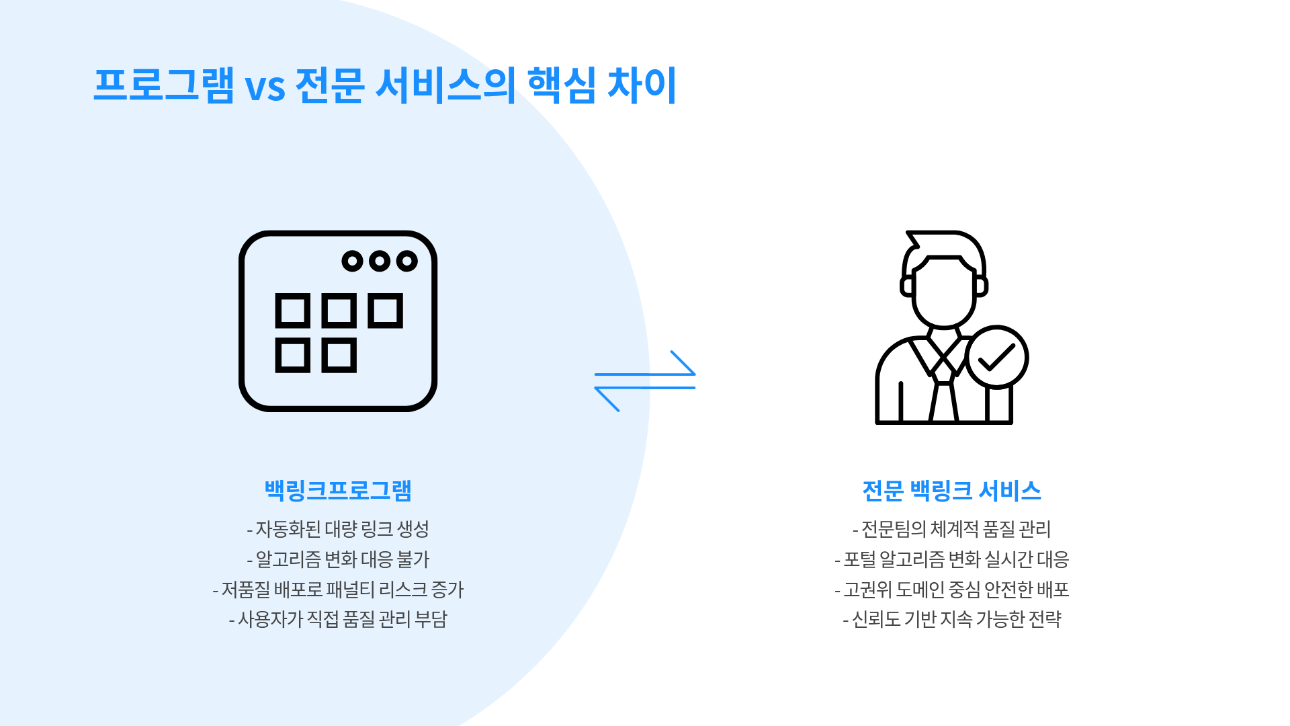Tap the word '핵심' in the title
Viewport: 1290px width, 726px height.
(561, 85)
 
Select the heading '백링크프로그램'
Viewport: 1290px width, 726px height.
(338, 490)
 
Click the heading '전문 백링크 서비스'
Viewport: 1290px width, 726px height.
(951, 490)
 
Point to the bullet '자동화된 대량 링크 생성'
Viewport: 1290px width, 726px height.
(338, 529)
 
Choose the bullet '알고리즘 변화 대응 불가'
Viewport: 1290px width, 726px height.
(338, 559)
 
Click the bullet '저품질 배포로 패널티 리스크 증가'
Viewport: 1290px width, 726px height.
(338, 590)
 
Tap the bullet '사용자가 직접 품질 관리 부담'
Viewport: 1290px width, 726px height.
(338, 619)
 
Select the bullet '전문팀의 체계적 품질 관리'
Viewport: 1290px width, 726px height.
(951, 529)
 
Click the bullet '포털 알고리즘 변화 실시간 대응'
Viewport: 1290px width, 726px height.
(951, 559)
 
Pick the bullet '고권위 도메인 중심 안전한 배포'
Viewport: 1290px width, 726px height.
(951, 590)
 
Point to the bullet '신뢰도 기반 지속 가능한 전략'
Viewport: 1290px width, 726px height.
(951, 619)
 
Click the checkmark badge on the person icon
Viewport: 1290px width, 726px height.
(996, 358)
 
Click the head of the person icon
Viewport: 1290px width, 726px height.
(944, 289)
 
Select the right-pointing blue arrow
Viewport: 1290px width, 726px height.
(645, 372)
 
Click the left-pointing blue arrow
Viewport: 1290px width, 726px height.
(645, 389)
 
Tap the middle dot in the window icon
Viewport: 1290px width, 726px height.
(380, 261)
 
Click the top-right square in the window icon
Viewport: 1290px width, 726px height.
(386, 311)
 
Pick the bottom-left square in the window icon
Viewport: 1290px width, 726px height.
(293, 355)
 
